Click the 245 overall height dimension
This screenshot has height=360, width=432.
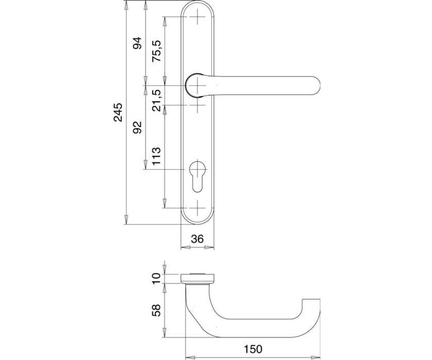coord(118,112)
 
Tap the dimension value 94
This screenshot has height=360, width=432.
coord(137,43)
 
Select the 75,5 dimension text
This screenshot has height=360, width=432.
coord(156,51)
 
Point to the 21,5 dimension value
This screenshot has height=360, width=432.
coord(156,100)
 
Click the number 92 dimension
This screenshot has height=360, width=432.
coord(137,127)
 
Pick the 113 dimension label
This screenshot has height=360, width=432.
coord(156,156)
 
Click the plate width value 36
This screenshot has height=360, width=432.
coord(197,239)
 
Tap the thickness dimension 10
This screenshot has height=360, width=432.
coord(156,279)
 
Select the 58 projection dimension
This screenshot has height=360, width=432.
coord(156,310)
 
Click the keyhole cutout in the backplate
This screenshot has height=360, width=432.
coord(197,176)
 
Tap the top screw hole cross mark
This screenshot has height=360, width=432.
coord(197,17)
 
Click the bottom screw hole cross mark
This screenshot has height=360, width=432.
coord(197,208)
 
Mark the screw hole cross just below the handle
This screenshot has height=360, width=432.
coord(197,105)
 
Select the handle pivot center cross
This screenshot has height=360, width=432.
coord(197,85)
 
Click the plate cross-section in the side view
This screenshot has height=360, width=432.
coord(198,279)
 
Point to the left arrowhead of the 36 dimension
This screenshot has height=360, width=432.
coord(186,247)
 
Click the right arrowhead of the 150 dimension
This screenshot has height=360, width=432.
coord(316,357)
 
